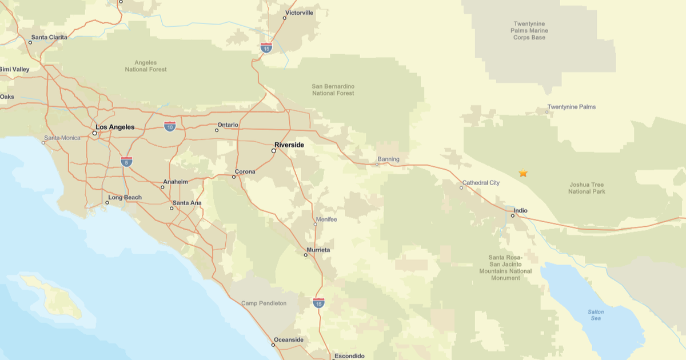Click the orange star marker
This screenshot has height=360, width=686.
523,173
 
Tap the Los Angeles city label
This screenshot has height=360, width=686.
115,127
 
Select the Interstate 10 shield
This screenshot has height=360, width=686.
170,126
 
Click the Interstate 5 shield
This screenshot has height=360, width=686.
127,162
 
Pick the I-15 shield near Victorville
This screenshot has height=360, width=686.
266,48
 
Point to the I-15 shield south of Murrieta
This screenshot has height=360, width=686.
319,302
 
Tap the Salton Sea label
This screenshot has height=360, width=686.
596,315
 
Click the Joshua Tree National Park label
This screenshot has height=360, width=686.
587,188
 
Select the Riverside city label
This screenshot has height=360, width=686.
289,145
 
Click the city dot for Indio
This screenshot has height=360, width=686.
513,216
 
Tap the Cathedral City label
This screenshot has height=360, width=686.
481,183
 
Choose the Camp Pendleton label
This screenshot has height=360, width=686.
264,303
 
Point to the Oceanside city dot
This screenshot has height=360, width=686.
273,345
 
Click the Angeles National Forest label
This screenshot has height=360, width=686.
146,66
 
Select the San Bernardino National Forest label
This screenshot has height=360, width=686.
333,90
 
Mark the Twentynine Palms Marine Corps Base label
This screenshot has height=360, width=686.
529,31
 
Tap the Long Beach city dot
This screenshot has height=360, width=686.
107,202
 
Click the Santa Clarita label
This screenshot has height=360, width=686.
49,37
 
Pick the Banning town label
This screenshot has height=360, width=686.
388,159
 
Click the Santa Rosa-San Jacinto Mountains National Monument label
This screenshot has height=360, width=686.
505,267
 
